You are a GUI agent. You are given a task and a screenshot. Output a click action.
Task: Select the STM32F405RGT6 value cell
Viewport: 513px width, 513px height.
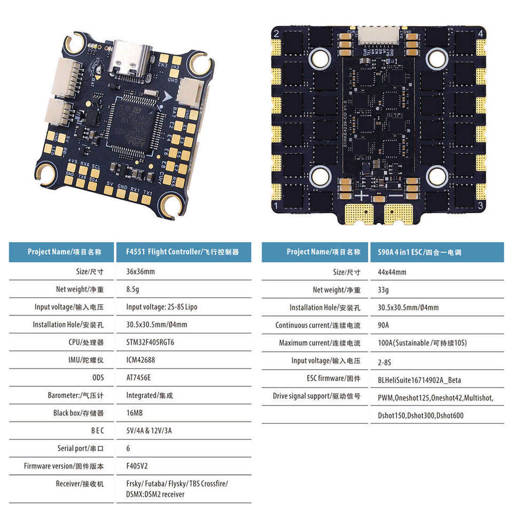coord(150,342)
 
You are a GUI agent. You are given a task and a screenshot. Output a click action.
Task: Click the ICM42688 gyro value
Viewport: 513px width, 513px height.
coord(141,360)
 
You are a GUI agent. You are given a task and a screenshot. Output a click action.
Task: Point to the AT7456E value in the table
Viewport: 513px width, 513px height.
coord(138,377)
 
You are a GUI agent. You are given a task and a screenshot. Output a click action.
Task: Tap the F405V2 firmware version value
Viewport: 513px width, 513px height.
coord(137,465)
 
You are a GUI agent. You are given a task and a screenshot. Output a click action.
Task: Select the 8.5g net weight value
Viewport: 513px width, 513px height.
coord(134,289)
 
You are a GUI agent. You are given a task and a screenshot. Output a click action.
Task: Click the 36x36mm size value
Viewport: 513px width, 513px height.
coord(141,271)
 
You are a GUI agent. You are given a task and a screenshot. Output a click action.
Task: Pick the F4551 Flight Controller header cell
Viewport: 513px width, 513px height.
coord(182,252)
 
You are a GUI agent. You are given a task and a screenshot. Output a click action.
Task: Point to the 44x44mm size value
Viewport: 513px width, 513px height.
coord(392,272)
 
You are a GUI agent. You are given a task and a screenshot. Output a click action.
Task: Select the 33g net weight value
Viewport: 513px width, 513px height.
coord(383,290)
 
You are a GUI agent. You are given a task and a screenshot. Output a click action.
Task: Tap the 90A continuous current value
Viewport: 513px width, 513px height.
coord(383,325)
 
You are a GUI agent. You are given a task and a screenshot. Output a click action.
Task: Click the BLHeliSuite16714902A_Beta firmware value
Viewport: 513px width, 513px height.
coord(419,380)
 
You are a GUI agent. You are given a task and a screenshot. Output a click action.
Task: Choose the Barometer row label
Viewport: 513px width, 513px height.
coord(75,395)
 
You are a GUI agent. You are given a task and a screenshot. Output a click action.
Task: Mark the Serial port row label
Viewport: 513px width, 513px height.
coord(80,448)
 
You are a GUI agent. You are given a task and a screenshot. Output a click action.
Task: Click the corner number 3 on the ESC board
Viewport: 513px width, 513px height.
coord(481,205)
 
